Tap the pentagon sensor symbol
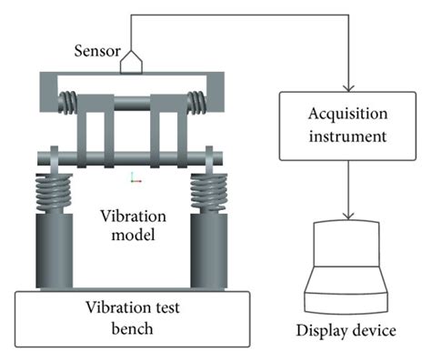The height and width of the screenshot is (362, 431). [x=133, y=60]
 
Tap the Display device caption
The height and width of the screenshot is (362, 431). [x=350, y=329]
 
